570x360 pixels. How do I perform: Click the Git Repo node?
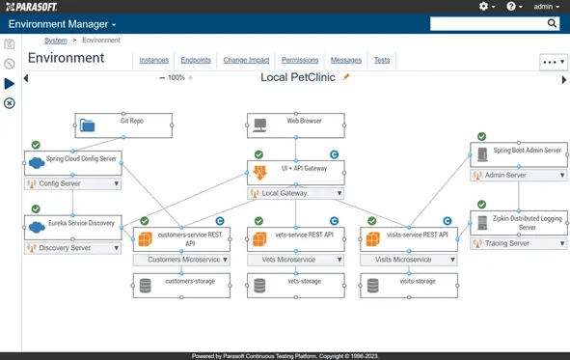click(x=123, y=125)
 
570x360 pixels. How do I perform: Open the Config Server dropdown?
click(x=73, y=183)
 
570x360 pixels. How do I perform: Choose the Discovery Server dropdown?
click(x=73, y=248)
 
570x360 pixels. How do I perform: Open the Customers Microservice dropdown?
click(x=181, y=260)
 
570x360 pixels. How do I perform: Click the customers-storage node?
click(x=181, y=284)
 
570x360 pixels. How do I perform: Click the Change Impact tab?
click(x=246, y=61)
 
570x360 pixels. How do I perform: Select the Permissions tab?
click(x=300, y=61)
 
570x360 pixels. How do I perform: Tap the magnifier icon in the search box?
click(x=553, y=23)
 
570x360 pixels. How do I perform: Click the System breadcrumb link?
click(x=56, y=41)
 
